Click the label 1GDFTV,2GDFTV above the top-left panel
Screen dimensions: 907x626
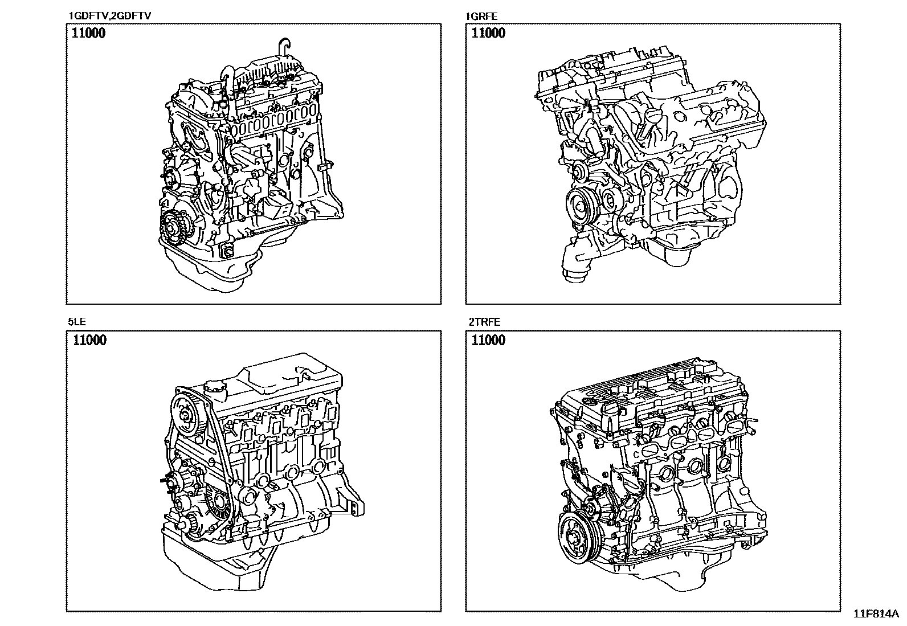click(x=110, y=16)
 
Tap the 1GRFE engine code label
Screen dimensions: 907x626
click(x=481, y=16)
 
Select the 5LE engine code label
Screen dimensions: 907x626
click(x=77, y=322)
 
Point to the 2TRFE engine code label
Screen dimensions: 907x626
click(x=484, y=322)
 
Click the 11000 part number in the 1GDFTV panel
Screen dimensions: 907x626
click(x=88, y=33)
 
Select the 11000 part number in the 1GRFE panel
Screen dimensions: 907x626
click(x=488, y=33)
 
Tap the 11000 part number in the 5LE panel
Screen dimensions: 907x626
click(x=89, y=340)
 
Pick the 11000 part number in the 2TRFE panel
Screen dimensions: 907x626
click(x=488, y=340)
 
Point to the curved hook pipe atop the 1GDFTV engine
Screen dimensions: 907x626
click(x=285, y=48)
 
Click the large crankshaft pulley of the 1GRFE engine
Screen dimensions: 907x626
click(x=582, y=206)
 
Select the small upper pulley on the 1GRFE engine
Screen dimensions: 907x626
click(x=582, y=171)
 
